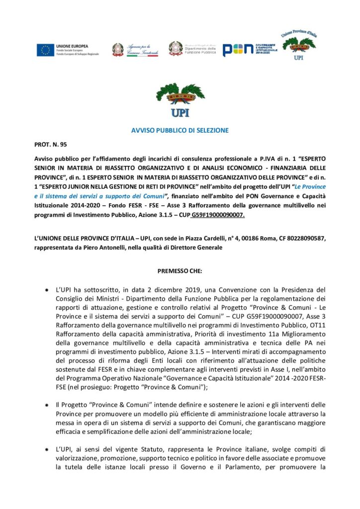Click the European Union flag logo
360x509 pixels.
[45, 50]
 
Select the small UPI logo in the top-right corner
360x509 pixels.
[299, 45]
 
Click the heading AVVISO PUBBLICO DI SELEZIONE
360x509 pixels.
[180, 130]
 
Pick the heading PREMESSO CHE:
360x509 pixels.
[180, 271]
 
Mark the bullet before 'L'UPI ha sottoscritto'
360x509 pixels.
[46, 289]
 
